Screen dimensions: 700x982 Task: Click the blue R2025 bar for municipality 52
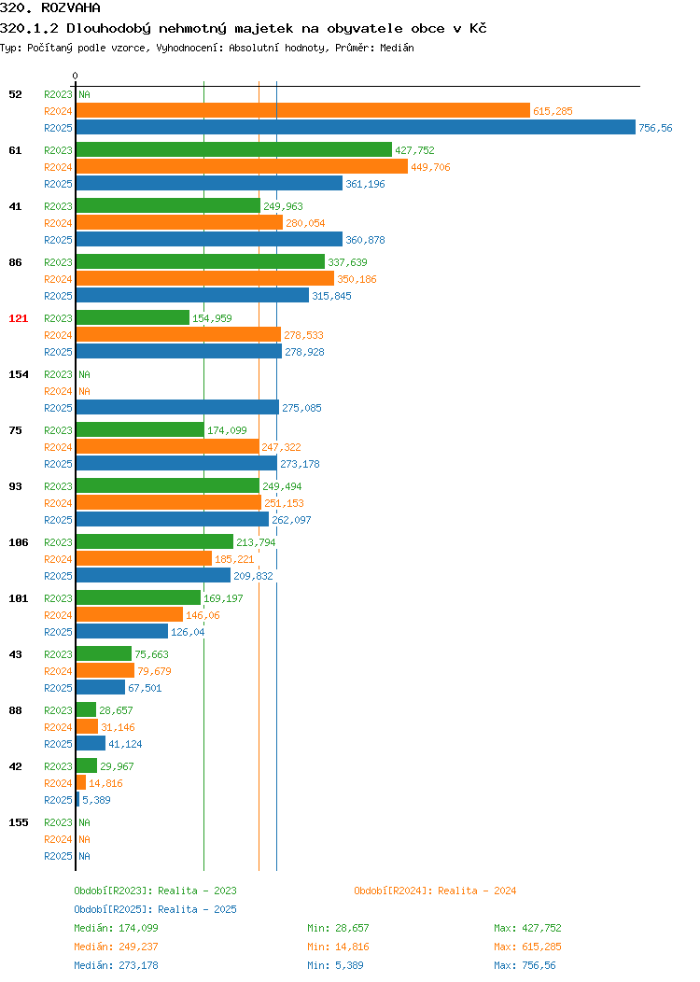click(x=356, y=128)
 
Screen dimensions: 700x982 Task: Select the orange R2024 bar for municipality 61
click(x=242, y=166)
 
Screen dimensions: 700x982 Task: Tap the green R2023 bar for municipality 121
click(x=133, y=318)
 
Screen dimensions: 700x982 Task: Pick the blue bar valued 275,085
click(x=177, y=408)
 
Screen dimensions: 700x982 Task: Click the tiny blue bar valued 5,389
click(x=77, y=800)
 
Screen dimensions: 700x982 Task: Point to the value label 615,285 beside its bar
click(x=553, y=111)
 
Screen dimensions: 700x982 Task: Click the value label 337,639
click(x=347, y=262)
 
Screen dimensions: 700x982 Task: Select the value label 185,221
click(x=234, y=559)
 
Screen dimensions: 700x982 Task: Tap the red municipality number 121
click(x=18, y=318)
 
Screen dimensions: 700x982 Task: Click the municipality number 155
click(x=18, y=822)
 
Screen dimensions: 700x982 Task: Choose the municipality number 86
click(x=15, y=262)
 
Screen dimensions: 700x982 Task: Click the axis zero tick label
click(x=76, y=77)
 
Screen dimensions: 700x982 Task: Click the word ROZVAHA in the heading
click(x=71, y=7)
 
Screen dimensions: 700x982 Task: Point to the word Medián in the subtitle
click(x=397, y=48)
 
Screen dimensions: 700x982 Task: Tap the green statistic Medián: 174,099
click(x=116, y=928)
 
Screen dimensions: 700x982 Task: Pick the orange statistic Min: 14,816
click(x=338, y=947)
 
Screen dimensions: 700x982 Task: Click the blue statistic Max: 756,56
click(x=525, y=965)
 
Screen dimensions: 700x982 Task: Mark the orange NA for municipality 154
click(x=85, y=391)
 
